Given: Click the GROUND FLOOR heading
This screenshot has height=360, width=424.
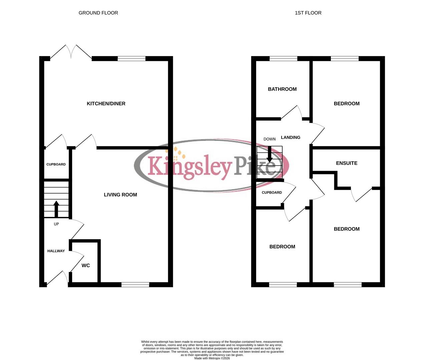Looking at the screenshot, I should pos(98,13).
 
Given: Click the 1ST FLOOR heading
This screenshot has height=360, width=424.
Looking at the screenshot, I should pos(308,13).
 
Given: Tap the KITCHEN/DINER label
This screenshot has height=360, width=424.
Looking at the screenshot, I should pos(106,104).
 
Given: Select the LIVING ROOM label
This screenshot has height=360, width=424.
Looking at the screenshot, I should pos(120,195).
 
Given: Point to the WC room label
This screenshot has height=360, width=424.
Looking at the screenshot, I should pos(86,265).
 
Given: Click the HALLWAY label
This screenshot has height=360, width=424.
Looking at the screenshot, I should pos(56,251).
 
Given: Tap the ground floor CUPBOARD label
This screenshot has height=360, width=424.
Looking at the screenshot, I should pos(56,164).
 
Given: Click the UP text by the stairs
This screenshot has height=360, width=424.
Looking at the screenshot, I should pos(56,224).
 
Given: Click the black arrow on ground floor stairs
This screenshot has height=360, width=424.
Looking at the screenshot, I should pos(56,208).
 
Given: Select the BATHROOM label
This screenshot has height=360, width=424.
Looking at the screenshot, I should pos(282,89).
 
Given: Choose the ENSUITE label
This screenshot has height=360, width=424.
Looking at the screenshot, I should pos(347,163).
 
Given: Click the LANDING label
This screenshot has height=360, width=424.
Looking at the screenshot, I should pos(291,137).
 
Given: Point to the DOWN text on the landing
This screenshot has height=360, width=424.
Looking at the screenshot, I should pos(270,139).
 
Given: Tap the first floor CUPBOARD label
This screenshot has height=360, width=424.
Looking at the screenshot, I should pos(272,192).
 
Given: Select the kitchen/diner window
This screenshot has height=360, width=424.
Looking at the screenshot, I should pos(132,59).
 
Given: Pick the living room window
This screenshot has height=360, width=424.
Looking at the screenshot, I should pos(135,285).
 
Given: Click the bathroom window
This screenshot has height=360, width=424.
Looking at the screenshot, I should pos(283,59).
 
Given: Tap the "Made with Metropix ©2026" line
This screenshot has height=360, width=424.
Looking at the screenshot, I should pos(212,358).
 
